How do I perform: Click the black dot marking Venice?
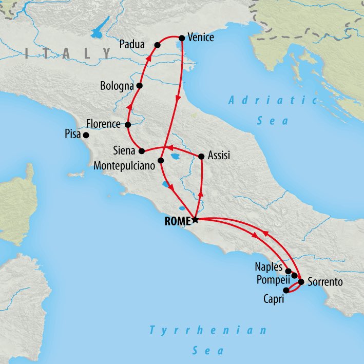181,37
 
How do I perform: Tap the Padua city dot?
157,45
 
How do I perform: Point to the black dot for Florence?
128,124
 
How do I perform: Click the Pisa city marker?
86,135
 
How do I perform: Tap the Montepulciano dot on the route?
161,161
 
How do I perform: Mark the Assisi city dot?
201,156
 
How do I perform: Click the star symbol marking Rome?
195,220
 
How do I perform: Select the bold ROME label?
177,221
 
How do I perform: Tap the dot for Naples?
288,271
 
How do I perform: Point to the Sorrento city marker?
301,281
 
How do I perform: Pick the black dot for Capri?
286,290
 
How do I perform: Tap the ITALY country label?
67,53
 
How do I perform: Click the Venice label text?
201,37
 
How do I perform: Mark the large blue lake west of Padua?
98,30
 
